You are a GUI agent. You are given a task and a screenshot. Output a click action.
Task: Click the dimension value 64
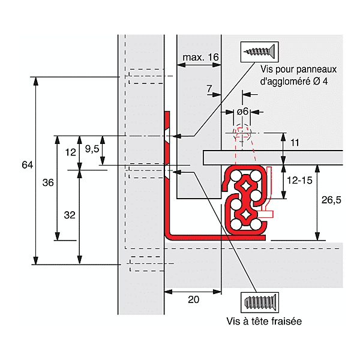(x=28, y=165)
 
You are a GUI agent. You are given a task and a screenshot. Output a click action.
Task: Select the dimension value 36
(x=48, y=183)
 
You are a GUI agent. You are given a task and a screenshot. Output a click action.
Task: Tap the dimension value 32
(x=70, y=215)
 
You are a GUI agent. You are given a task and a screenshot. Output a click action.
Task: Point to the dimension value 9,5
(x=92, y=149)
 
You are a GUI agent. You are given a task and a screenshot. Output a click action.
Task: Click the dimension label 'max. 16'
(x=200, y=57)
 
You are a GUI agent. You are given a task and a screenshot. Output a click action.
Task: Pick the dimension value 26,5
(x=331, y=200)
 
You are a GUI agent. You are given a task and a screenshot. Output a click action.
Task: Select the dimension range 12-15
(x=299, y=181)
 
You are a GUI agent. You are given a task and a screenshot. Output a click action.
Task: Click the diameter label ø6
(x=242, y=112)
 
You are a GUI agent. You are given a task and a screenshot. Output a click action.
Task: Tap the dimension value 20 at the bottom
(x=194, y=299)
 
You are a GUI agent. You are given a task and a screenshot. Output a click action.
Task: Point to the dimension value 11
(x=295, y=143)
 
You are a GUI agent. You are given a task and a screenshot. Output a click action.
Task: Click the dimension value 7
(x=209, y=89)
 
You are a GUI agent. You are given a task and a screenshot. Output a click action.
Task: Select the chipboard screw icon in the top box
(x=259, y=52)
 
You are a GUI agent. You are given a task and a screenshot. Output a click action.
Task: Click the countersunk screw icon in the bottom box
(x=260, y=302)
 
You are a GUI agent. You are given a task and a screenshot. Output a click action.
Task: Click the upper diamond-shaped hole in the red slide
(x=245, y=185)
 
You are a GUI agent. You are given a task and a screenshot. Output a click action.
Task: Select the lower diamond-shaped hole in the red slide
(x=245, y=214)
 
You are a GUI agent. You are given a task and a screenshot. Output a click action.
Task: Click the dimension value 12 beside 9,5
(x=70, y=152)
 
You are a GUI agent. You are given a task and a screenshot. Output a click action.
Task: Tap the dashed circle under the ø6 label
(x=242, y=134)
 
